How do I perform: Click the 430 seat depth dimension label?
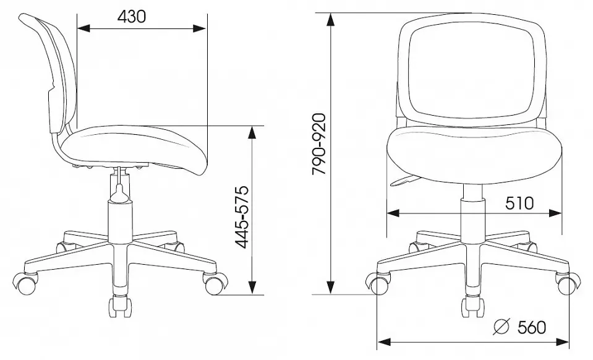[x=131, y=17]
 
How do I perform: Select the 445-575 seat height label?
[x=241, y=217]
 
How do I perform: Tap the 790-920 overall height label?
[x=319, y=144]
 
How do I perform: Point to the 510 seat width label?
[x=519, y=203]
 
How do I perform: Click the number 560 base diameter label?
[x=532, y=327]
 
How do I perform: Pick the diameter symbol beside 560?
[x=502, y=327]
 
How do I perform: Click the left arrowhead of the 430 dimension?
[x=83, y=28]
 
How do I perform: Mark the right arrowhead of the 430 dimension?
[x=200, y=28]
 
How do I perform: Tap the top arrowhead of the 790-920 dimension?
[x=331, y=20]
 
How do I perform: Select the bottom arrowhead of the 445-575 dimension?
[x=252, y=288]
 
